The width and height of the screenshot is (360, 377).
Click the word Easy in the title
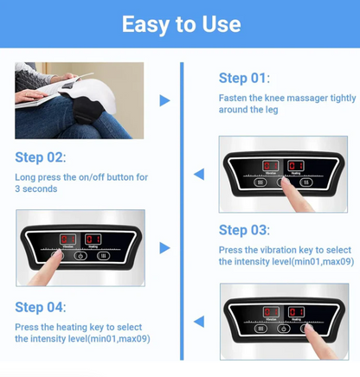coord(147,24)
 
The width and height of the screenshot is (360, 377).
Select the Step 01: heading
coord(244,80)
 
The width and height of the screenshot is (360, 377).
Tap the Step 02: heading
coord(40,158)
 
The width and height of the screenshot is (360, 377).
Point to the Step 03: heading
coord(244,230)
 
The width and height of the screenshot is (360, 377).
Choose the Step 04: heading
coord(40,308)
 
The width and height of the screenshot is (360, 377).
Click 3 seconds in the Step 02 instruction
coord(36,188)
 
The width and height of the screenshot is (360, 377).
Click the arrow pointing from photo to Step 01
coord(164,101)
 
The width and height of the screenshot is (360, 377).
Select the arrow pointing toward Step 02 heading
coord(198,174)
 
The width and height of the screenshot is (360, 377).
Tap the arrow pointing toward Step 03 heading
coord(164,248)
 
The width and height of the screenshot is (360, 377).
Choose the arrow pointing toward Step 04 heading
coord(198,322)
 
